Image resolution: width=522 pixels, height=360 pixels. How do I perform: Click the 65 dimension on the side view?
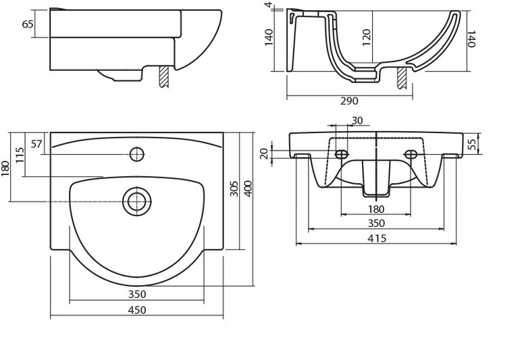click(28, 24)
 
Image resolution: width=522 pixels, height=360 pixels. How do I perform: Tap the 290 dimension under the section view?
click(349, 101)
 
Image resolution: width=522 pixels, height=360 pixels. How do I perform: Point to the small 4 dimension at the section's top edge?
click(269, 5)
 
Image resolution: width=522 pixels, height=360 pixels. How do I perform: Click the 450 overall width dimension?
click(137, 310)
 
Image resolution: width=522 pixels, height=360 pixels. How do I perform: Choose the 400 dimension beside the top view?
click(248, 188)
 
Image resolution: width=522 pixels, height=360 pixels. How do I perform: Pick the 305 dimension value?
click(234, 188)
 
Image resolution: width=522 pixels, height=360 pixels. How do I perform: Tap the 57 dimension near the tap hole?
click(36, 144)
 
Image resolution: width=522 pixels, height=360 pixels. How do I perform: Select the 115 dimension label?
click(20, 157)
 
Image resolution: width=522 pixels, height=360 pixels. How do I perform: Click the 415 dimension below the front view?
click(377, 238)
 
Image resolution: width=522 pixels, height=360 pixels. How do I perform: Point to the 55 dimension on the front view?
click(473, 143)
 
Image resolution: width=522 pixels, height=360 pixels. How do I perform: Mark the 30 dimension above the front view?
click(357, 120)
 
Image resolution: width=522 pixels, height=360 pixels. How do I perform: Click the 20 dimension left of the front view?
click(264, 154)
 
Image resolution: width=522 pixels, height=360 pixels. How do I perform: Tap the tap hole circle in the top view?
click(137, 154)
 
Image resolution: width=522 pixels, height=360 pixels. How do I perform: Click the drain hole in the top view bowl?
click(136, 201)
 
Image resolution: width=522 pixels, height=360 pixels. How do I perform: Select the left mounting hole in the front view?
click(342, 154)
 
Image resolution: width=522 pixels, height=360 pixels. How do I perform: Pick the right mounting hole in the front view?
click(411, 154)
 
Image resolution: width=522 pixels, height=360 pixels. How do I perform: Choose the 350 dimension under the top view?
click(137, 294)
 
